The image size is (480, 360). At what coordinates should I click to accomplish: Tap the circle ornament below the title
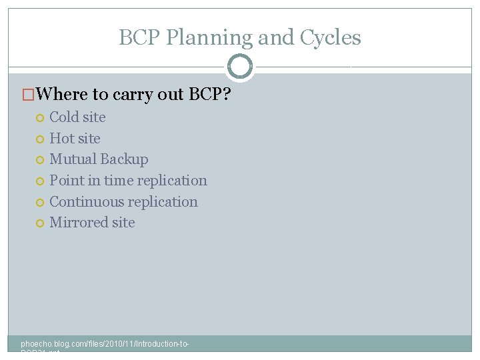point(240,67)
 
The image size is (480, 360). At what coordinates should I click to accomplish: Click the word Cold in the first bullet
point(64,117)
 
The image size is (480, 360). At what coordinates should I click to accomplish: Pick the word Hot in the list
point(61,139)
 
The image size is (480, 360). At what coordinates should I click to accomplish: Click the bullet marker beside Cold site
point(39,118)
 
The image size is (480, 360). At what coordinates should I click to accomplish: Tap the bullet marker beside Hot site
point(39,139)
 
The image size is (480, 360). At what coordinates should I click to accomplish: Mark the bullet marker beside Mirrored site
point(39,223)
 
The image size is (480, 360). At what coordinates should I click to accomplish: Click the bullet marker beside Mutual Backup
point(39,160)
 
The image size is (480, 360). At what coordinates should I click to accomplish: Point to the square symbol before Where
point(28,95)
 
